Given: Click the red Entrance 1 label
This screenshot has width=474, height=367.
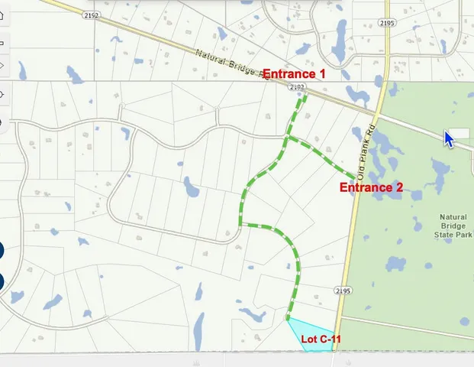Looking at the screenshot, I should coord(294,74).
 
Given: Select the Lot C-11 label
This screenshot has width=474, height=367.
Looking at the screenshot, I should coord(319,339).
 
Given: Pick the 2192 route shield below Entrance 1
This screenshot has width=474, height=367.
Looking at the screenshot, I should coord(298,89).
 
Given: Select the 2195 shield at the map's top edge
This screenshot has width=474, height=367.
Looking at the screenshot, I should coord(387,24).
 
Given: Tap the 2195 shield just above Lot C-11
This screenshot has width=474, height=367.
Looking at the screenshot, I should coord(342,290).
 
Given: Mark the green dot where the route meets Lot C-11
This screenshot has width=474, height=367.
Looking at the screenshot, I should coord(287,318).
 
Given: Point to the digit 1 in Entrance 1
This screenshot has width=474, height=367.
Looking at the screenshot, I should coord(322,74).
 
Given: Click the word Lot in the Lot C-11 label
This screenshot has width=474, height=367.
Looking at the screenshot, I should coord(308,339).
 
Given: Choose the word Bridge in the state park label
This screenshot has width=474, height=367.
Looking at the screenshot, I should coord(453,226).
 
